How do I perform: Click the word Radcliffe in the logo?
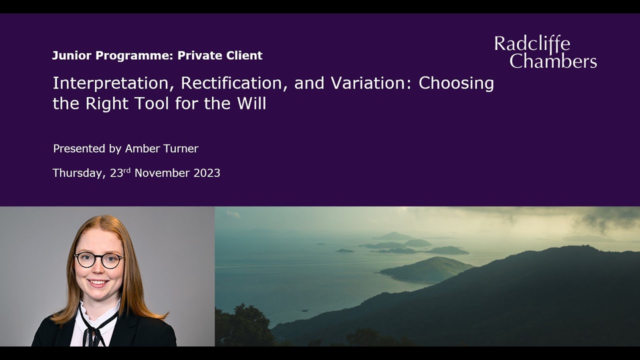[x=532, y=44]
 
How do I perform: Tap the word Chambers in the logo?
[x=553, y=61]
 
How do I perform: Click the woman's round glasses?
[x=98, y=260]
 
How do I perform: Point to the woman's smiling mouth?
[x=98, y=283]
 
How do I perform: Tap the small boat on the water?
[x=304, y=310]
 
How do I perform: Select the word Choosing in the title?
[x=456, y=83]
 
